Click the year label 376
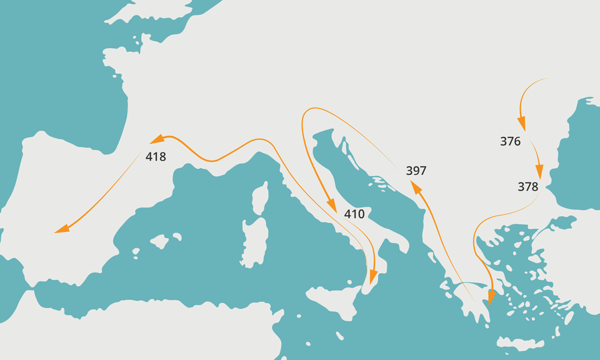click(510, 141)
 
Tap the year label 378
click(527, 186)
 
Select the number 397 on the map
click(416, 170)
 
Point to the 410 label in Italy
click(354, 214)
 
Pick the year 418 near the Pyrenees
click(156, 157)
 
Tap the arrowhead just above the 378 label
click(538, 172)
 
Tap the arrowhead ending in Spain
click(61, 230)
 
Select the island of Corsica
click(260, 199)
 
